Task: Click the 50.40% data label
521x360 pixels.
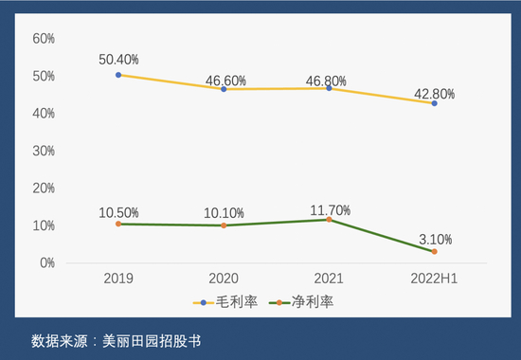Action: pyautogui.click(x=118, y=60)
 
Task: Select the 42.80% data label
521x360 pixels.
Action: pyautogui.click(x=434, y=94)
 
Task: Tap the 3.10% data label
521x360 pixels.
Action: pyautogui.click(x=434, y=239)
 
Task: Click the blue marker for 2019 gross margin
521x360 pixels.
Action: pyautogui.click(x=118, y=74)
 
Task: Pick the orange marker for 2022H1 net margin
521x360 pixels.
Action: pyautogui.click(x=434, y=252)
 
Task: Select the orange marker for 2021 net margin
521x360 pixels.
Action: pyautogui.click(x=329, y=220)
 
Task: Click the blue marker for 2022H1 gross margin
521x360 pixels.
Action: pyautogui.click(x=434, y=102)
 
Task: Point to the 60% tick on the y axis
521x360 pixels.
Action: pyautogui.click(x=45, y=39)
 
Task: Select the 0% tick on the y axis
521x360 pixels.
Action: pyautogui.click(x=47, y=262)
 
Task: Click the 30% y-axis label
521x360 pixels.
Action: pyautogui.click(x=45, y=151)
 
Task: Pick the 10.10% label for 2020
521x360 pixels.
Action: pyautogui.click(x=224, y=212)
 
